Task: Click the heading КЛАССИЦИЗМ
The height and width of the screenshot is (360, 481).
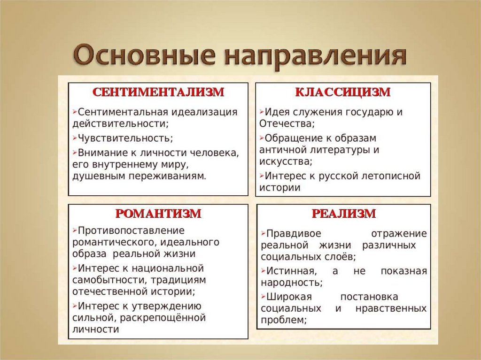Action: (x=342, y=92)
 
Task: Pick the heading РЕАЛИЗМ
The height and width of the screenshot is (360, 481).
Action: (x=343, y=214)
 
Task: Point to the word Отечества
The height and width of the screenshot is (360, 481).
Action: (x=286, y=124)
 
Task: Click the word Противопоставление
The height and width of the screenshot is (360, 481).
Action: (x=131, y=231)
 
